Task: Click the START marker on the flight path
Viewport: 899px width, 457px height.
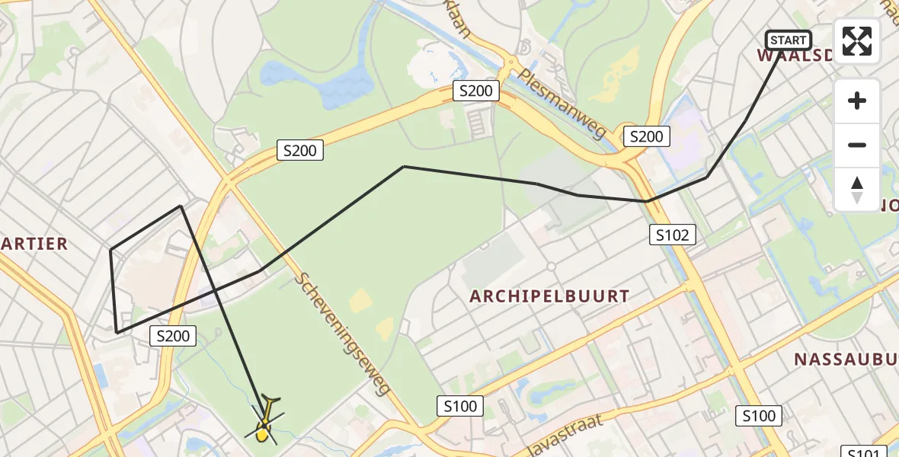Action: pyautogui.click(x=788, y=40)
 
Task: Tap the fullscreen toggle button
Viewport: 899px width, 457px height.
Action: pyautogui.click(x=857, y=41)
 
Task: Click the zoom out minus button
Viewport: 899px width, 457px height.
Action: pyautogui.click(x=857, y=145)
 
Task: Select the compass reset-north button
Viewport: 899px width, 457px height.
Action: pyautogui.click(x=857, y=189)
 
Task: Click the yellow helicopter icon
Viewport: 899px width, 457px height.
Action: pyautogui.click(x=264, y=421)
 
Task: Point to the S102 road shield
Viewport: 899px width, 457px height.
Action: pyautogui.click(x=673, y=235)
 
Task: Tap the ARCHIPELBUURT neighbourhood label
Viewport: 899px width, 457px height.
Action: pyautogui.click(x=549, y=296)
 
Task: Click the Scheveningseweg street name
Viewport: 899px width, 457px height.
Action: pyautogui.click(x=344, y=334)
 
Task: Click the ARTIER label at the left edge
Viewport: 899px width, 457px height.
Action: pyautogui.click(x=34, y=244)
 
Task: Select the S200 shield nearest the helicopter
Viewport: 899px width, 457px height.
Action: pyautogui.click(x=173, y=335)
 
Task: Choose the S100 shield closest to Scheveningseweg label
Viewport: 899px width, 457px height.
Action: pyautogui.click(x=460, y=407)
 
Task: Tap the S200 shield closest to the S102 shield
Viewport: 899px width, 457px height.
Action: pyautogui.click(x=646, y=136)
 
